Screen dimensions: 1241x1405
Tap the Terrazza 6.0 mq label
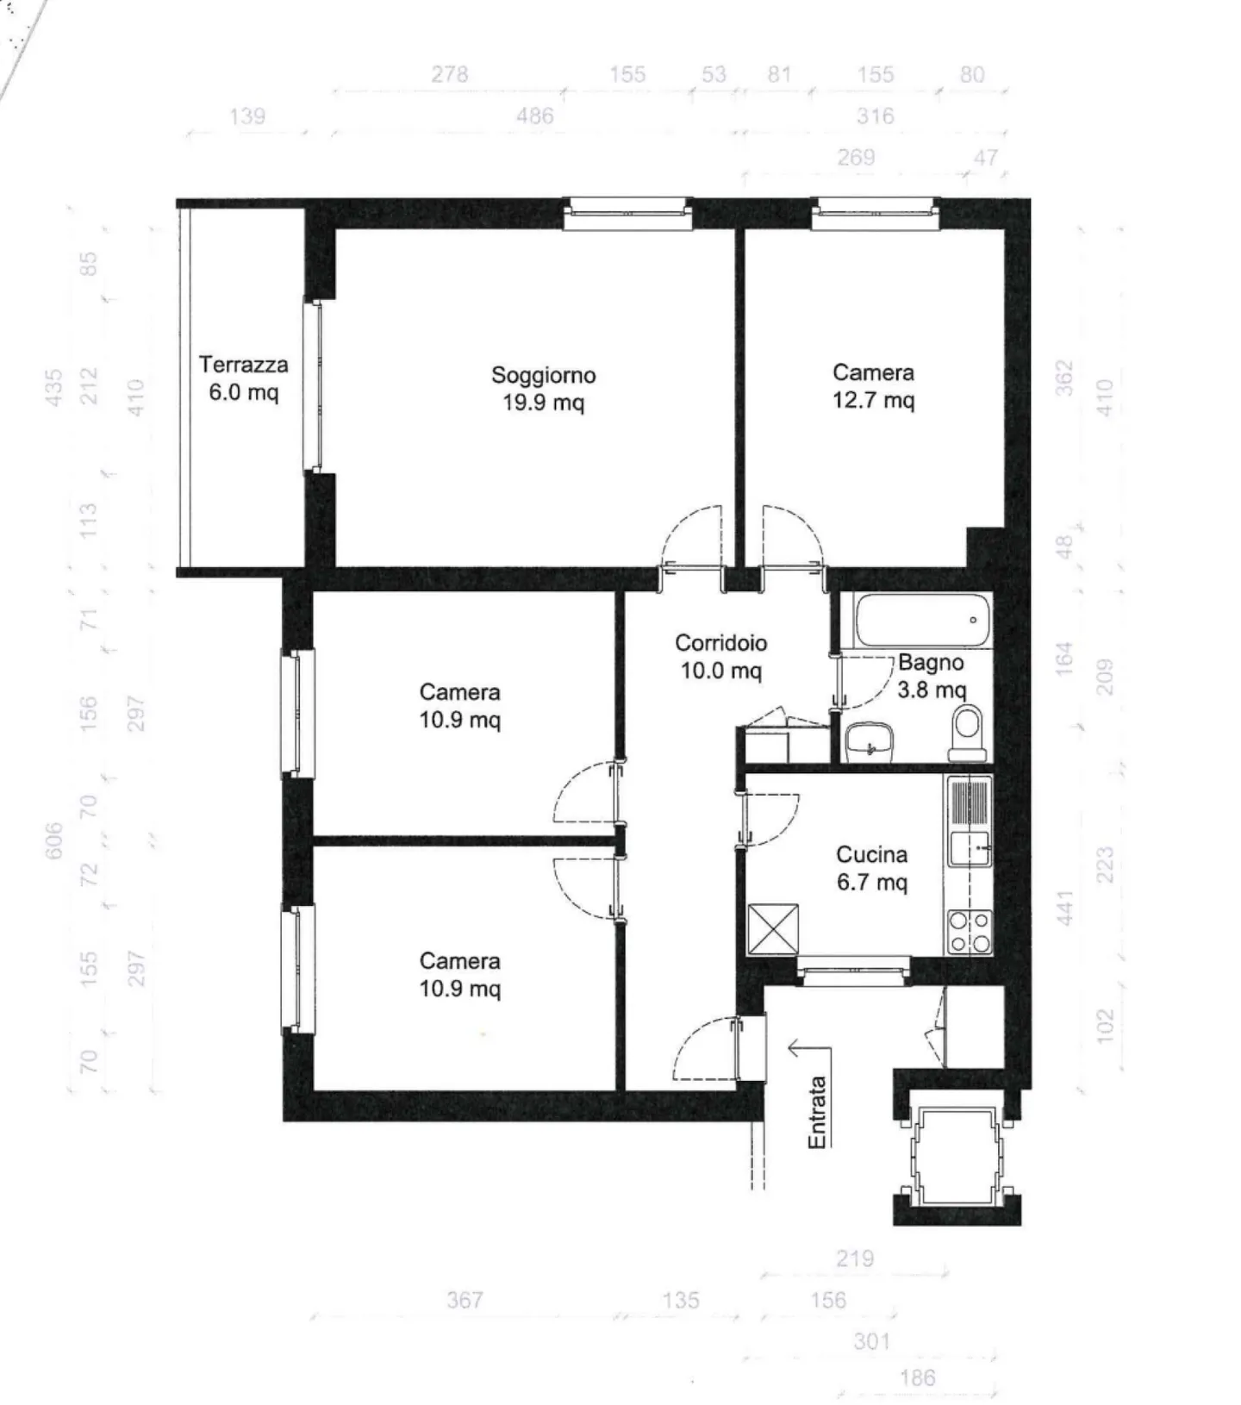[x=243, y=378]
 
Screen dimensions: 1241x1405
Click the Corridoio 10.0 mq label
[x=720, y=656]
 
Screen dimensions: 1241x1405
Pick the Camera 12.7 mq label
[x=873, y=386]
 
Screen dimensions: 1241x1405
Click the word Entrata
[x=817, y=1112]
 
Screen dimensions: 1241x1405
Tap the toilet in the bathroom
[x=968, y=733]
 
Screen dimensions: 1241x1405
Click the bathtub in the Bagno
[x=922, y=620]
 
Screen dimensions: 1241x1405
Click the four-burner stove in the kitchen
[x=970, y=932]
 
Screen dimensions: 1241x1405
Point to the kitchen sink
[x=970, y=847]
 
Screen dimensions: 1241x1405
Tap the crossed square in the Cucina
[x=772, y=929]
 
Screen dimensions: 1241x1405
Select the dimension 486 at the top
[x=534, y=116]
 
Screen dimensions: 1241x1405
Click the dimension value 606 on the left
[x=53, y=840]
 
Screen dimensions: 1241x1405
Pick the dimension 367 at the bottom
[x=465, y=1299]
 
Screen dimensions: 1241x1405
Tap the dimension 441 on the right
[x=1065, y=909]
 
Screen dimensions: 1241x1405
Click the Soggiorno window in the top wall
[x=628, y=214]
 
